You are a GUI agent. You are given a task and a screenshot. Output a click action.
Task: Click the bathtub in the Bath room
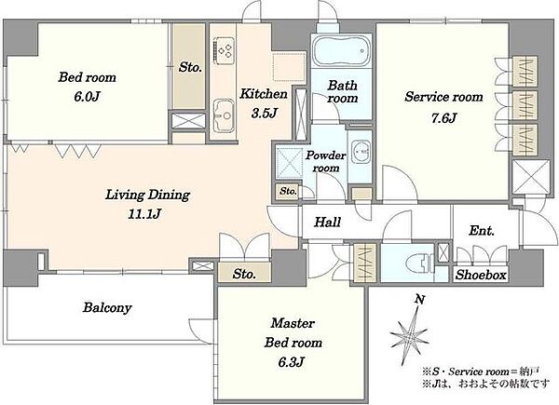[x=341, y=50]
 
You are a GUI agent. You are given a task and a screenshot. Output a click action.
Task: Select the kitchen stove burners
[x=224, y=50]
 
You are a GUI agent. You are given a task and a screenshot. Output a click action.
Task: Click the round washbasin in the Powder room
[x=361, y=152]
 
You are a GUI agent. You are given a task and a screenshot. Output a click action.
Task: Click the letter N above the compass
[x=420, y=300]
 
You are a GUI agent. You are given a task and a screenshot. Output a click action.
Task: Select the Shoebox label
[x=481, y=275]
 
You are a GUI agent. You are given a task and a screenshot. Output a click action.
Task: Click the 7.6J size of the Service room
[x=443, y=117]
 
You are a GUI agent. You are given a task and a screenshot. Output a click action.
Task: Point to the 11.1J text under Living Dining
[x=144, y=214]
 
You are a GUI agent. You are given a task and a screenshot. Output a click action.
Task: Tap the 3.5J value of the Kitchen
[x=265, y=113]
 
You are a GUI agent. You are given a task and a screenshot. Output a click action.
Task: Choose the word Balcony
[x=107, y=308]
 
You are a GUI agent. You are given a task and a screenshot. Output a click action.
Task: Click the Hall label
[x=327, y=223]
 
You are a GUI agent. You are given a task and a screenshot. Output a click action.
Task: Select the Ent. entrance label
[x=482, y=231]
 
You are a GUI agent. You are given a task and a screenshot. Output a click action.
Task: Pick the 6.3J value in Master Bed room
[x=291, y=362]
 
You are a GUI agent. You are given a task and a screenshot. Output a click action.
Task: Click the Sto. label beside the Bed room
[x=190, y=67]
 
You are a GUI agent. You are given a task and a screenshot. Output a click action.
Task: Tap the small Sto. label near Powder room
[x=288, y=191]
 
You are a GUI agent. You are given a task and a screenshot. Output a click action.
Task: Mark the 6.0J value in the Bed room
[x=87, y=97]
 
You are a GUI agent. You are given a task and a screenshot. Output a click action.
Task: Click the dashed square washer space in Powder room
[x=290, y=162]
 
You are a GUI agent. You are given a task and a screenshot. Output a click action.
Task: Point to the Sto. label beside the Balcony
[x=244, y=274]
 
